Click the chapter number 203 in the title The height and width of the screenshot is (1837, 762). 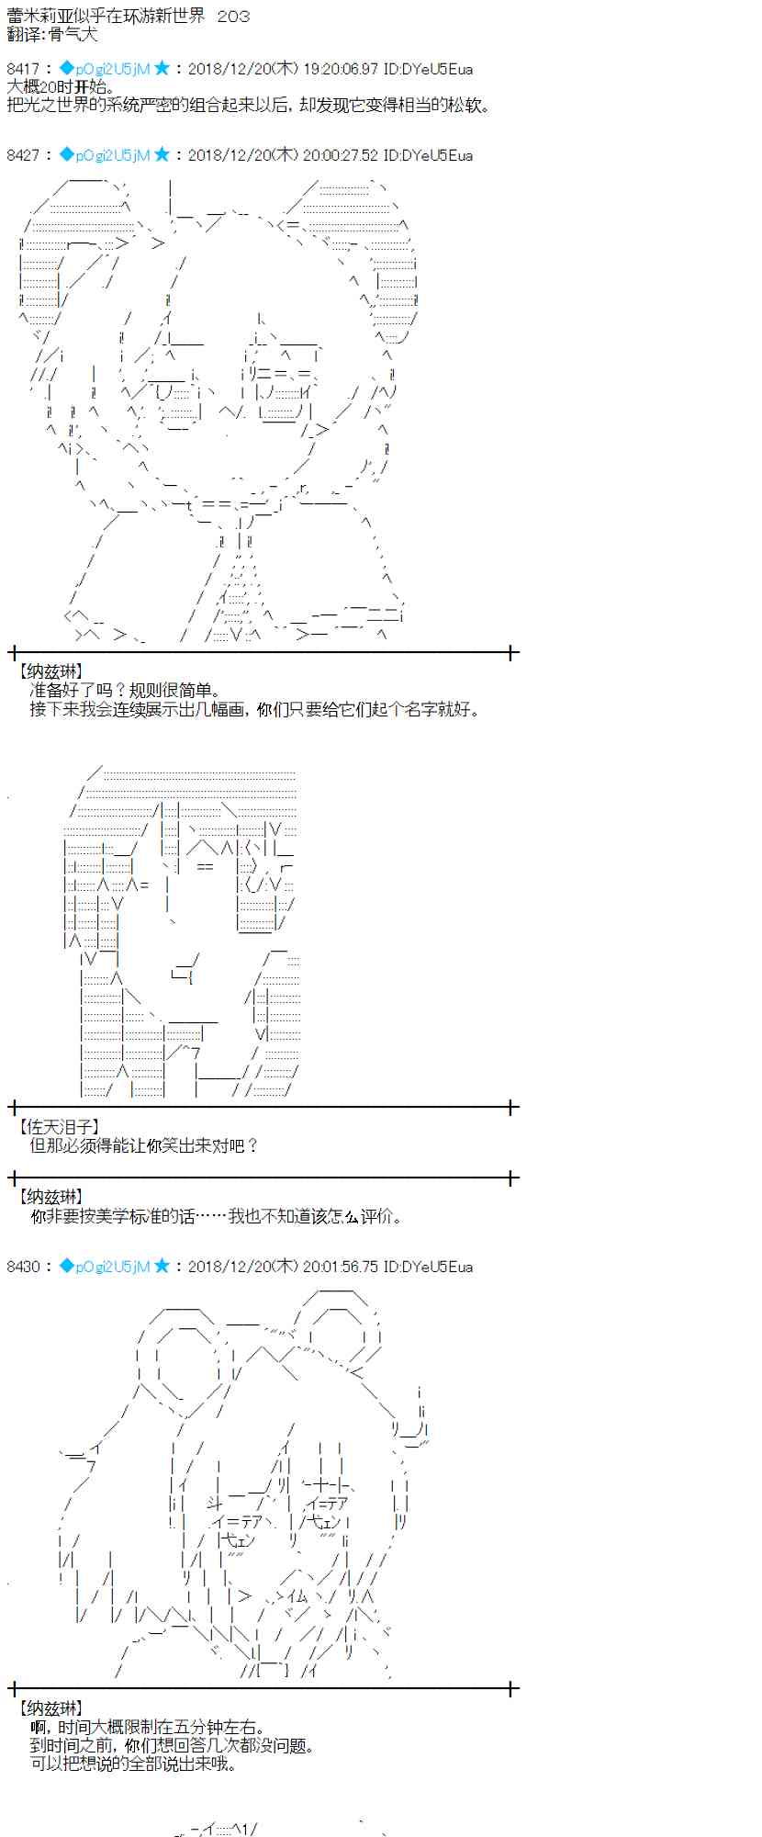coord(233,17)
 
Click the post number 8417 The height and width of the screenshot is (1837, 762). coord(23,69)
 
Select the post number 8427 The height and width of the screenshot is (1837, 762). coord(23,155)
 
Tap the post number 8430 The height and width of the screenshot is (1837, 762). coord(23,1267)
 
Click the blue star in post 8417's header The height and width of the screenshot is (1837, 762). coord(162,69)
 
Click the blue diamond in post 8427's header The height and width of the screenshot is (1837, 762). coord(66,155)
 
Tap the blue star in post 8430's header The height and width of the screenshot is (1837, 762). coord(162,1267)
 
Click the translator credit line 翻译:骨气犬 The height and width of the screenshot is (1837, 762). coord(51,35)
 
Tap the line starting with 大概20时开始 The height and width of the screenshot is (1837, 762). coord(61,87)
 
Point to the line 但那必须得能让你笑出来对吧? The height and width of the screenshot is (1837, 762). coord(144,1145)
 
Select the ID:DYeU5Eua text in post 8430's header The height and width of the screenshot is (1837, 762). coord(428,1267)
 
